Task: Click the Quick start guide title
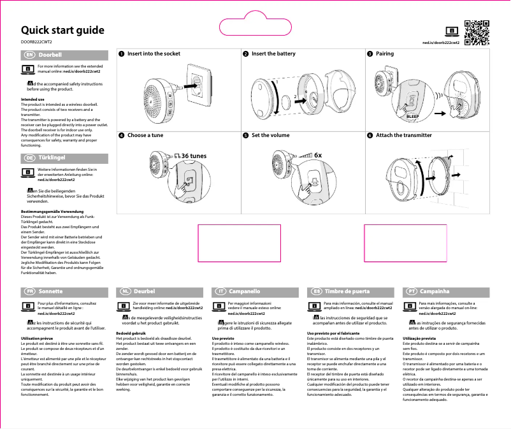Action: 62,31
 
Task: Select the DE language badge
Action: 29,157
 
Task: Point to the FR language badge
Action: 29,291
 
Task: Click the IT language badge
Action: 220,291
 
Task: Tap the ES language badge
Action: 315,291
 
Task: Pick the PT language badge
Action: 412,291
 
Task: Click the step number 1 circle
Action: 121,54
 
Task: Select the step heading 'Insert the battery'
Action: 273,54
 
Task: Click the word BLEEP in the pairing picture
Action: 412,117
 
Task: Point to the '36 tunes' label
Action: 194,156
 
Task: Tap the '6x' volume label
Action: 318,155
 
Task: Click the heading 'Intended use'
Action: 32,100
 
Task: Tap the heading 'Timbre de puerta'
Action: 347,291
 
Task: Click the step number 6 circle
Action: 370,136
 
